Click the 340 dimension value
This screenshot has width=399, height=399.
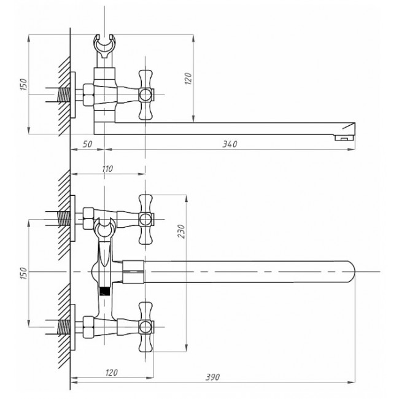230,144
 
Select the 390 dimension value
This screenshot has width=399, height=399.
212,377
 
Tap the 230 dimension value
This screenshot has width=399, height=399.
181,231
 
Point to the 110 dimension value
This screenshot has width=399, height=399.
107,169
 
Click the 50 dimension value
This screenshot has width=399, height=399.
87,144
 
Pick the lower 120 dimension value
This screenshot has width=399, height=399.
111,372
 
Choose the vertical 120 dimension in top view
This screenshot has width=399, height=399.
188,79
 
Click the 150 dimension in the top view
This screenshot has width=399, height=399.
23,85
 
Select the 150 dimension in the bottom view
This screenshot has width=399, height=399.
23,273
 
